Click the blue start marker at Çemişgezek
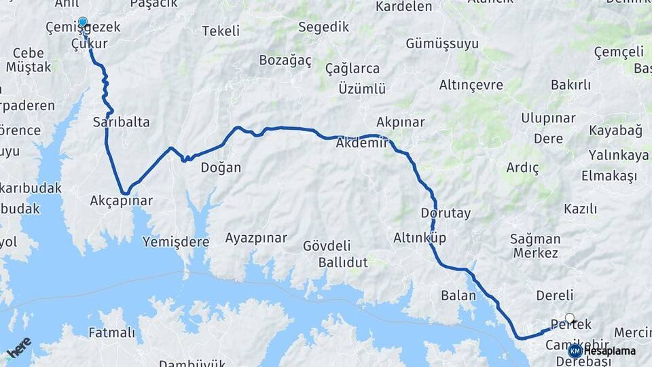pos(83,22)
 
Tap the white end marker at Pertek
pos(570,317)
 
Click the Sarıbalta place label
pos(121,122)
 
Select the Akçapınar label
pos(122,201)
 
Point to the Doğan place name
pos(221,167)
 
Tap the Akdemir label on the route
pos(361,143)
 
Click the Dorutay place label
pos(446,213)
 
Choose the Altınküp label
pos(420,238)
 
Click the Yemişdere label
pos(176,242)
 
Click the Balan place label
pos(454,296)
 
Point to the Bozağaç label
pos(285,60)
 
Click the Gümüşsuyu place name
pos(442,43)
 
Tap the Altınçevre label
pos(471,85)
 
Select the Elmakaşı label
pos(609,176)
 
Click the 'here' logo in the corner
pos(19,347)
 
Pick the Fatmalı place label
pos(112,333)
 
